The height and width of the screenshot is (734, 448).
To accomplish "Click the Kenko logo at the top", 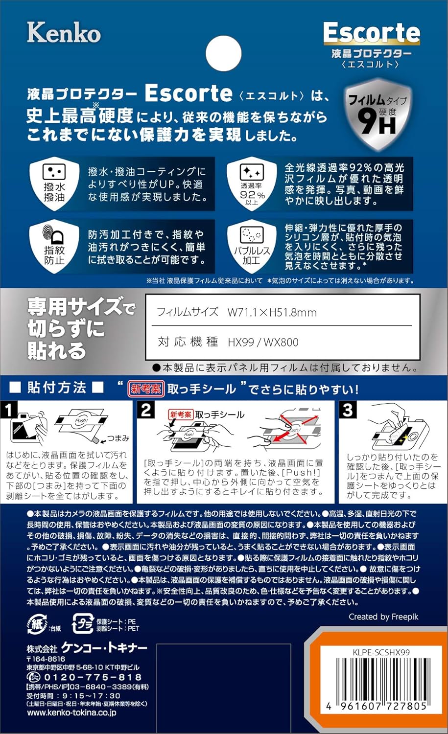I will tap(64, 33).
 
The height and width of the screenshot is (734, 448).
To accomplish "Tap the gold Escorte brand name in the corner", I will tap(372, 33).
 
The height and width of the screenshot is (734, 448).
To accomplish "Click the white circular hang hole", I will tap(224, 53).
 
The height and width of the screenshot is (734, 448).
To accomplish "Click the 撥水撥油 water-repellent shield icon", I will tap(54, 183).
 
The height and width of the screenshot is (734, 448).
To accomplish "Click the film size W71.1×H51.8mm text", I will tap(272, 312).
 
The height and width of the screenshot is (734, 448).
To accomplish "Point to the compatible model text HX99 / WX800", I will tap(263, 342).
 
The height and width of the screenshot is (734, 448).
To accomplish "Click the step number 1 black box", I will tap(9, 410).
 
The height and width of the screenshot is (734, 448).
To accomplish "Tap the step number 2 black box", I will tap(146, 410).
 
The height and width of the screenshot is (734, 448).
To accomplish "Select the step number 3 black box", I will tap(347, 410).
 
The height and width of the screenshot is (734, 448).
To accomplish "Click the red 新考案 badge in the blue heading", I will tap(145, 389).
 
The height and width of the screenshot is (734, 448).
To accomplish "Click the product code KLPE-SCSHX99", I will tap(381, 652).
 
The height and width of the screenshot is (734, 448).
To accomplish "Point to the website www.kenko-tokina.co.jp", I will tap(71, 713).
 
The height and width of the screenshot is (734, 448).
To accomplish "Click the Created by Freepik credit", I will tap(383, 617).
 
